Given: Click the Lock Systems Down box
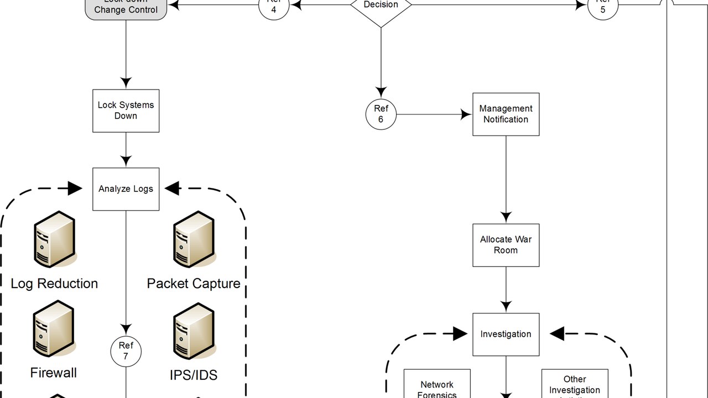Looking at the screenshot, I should point(126,111).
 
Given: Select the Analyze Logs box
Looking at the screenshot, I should point(126,189).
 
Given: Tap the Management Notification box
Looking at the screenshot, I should point(506,114).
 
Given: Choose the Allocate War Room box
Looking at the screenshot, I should point(506,245).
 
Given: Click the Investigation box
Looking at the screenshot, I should point(506,334).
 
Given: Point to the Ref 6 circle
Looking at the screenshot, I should point(381,114).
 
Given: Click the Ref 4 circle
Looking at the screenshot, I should point(273,7).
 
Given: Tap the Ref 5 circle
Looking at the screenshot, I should point(602,7).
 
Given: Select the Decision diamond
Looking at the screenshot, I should point(381,8).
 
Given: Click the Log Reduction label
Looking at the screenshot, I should point(54,284).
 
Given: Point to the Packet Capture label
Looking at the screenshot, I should point(194,284).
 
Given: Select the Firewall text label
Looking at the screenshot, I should point(54,373).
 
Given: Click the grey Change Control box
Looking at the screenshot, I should point(126,8).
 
